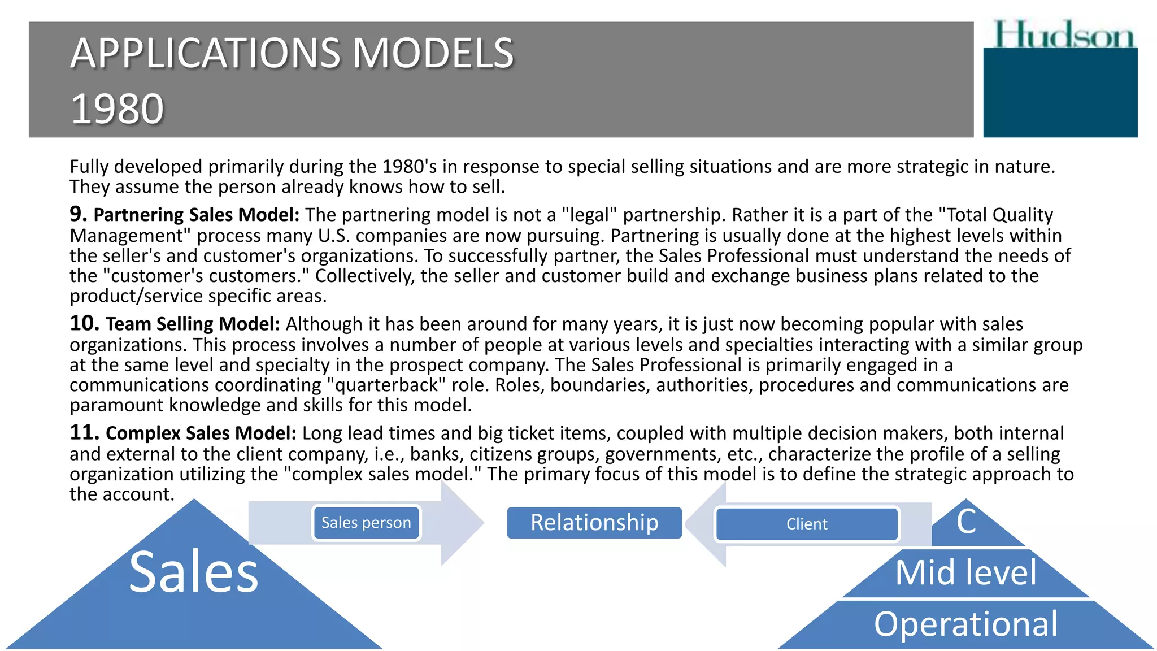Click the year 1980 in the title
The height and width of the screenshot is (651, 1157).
tap(118, 108)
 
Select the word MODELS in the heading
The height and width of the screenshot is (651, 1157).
tap(433, 54)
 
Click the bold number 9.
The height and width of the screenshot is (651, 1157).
tap(77, 214)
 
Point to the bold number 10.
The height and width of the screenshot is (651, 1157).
tap(84, 323)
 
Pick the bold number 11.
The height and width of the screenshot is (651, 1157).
tap(84, 432)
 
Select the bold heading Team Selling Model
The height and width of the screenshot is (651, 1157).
tap(193, 324)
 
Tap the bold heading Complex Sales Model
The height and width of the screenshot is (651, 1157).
tap(201, 433)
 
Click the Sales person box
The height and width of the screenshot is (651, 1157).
tap(366, 523)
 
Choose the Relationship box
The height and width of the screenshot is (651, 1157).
tap(594, 523)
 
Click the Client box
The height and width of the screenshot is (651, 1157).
tap(807, 524)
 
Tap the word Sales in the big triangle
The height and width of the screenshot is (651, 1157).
tap(194, 572)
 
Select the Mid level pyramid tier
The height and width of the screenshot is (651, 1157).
tap(966, 573)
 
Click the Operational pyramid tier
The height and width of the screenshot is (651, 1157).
tap(966, 624)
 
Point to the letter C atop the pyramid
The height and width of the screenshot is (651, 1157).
tap(966, 521)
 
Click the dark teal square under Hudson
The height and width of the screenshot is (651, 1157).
tap(1060, 93)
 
